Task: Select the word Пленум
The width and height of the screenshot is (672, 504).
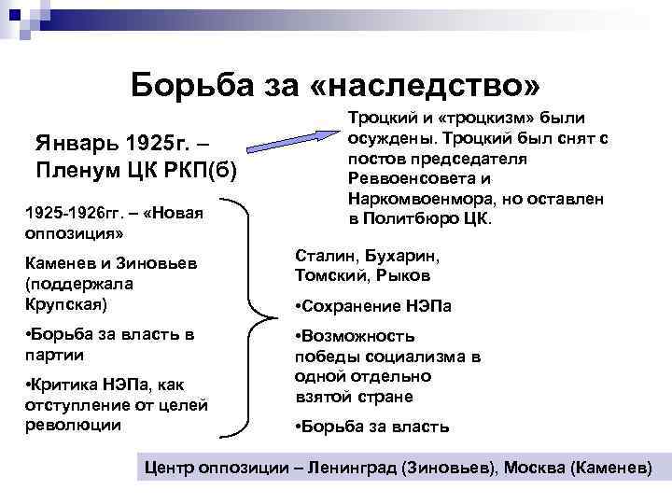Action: (77, 172)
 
